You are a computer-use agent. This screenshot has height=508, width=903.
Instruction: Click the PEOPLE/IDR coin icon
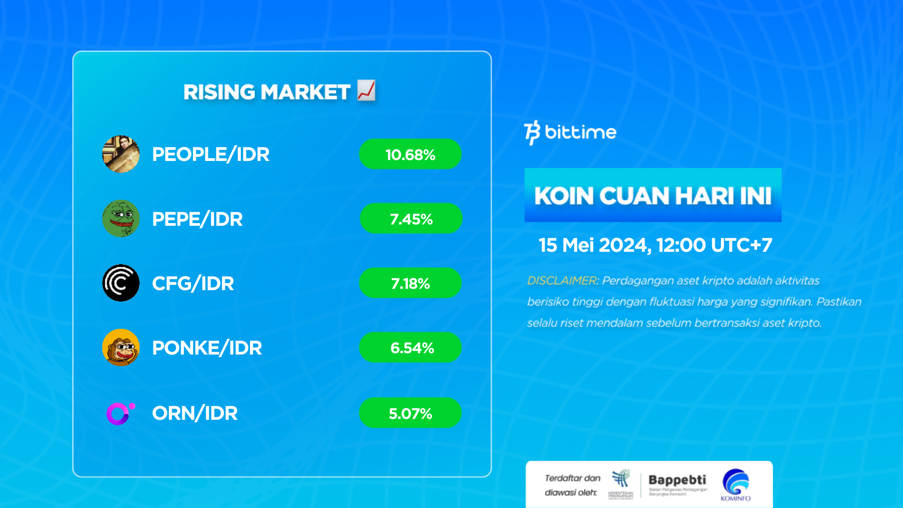[x=121, y=154]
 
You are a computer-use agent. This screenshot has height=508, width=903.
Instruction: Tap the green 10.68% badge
[x=410, y=154]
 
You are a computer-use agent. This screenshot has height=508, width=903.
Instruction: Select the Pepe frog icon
[x=121, y=219]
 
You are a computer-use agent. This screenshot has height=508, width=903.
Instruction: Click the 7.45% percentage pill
[x=411, y=219]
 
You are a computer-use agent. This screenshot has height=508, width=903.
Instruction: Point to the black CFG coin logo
[x=121, y=283]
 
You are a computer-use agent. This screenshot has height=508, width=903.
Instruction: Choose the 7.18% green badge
[x=410, y=283]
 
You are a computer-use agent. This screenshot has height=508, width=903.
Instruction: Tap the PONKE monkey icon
[x=121, y=347]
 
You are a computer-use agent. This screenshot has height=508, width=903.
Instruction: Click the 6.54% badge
[x=410, y=347]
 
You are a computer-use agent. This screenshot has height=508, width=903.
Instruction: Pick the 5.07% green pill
[x=410, y=413]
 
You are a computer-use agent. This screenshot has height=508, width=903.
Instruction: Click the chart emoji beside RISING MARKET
[x=366, y=90]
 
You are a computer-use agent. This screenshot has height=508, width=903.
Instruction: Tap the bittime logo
[x=570, y=132]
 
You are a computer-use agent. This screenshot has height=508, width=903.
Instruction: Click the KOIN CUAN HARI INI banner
[x=653, y=195]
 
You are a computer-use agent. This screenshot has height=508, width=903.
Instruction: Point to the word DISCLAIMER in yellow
[x=562, y=280]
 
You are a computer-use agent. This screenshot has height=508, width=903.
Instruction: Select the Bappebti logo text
[x=677, y=480]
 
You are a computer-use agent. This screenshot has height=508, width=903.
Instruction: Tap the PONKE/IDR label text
[x=207, y=348]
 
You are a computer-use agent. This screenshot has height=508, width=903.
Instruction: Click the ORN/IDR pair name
[x=194, y=413]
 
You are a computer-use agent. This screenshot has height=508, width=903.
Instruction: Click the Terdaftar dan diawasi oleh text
[x=572, y=485]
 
